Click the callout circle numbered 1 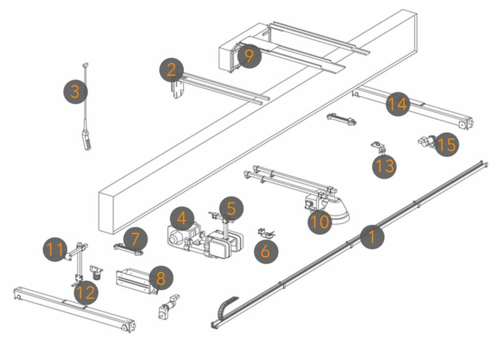click(372, 237)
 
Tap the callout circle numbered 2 click(171, 70)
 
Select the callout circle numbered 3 click(75, 92)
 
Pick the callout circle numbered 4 click(182, 218)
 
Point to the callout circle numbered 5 click(231, 208)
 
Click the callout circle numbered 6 click(265, 251)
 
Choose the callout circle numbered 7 click(135, 239)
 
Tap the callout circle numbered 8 click(161, 278)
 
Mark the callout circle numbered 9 click(249, 56)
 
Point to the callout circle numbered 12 click(86, 293)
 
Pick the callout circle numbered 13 click(384, 166)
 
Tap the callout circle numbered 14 click(397, 104)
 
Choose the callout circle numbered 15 click(447, 144)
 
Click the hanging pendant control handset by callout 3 click(85, 140)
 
